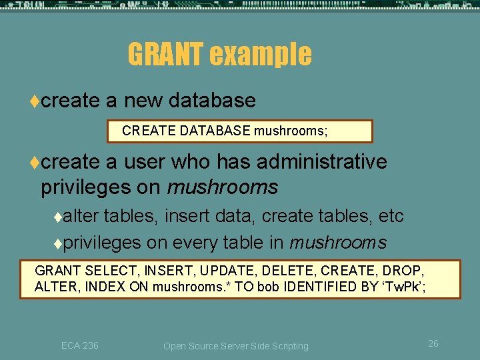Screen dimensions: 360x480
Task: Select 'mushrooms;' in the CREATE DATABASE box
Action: click(291, 131)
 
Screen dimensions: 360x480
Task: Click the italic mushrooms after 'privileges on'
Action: click(222, 188)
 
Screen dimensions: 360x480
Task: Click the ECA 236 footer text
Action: click(79, 345)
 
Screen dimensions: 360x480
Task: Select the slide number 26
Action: click(433, 344)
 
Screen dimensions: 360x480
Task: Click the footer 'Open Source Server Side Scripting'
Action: click(236, 346)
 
